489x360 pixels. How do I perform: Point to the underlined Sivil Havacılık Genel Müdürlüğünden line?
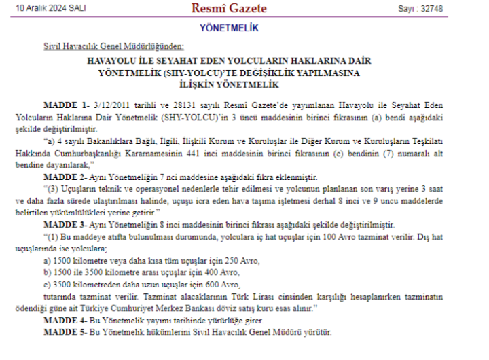(113, 46)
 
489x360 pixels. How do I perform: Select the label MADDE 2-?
(66, 177)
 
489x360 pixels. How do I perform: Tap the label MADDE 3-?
(66, 225)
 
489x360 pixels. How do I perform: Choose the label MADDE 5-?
(66, 331)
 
